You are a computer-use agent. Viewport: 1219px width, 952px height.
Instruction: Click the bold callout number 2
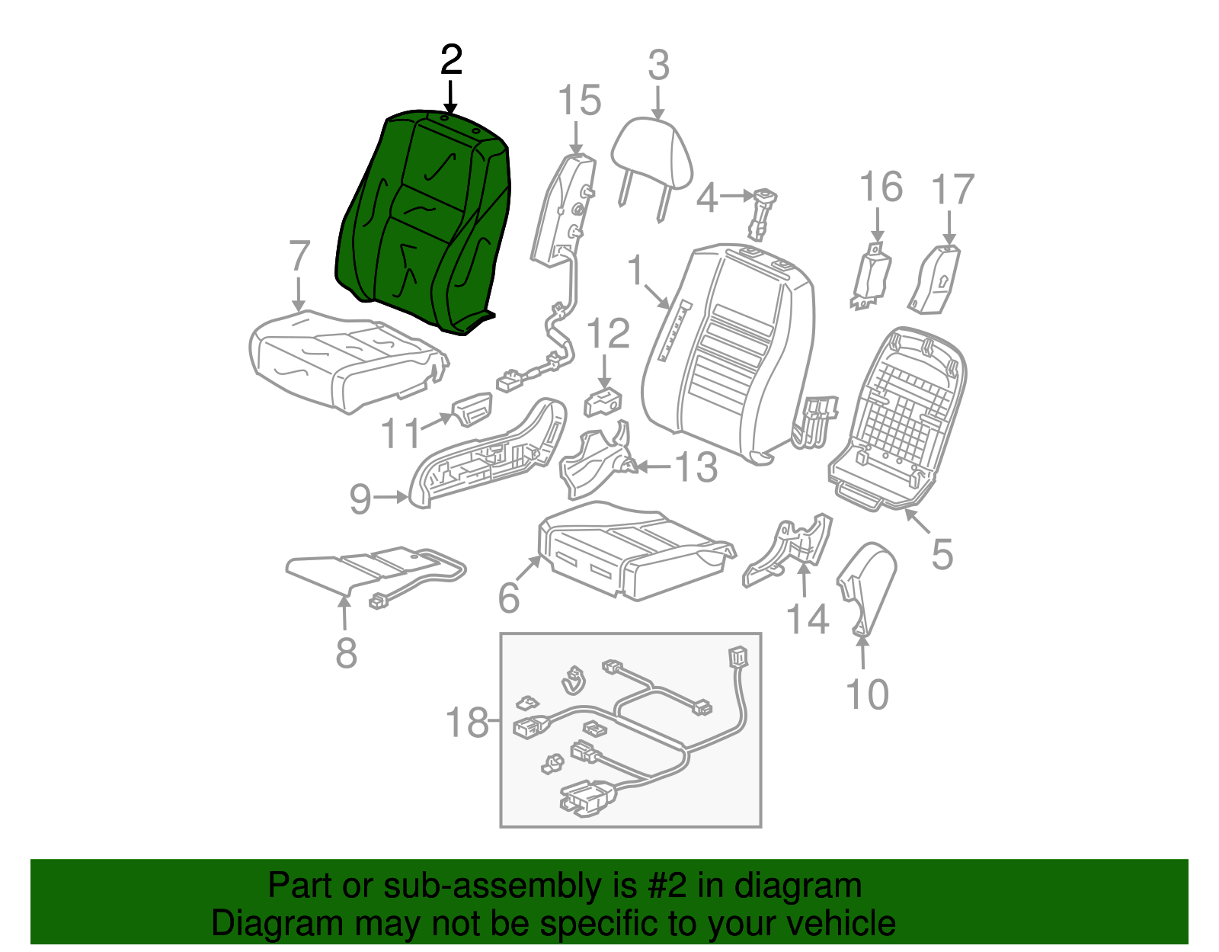[x=451, y=60]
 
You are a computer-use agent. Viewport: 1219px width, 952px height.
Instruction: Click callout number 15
[x=579, y=101]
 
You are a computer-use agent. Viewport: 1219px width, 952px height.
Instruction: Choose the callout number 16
[x=881, y=188]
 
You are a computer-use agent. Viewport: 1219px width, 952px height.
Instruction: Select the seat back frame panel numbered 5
[x=899, y=419]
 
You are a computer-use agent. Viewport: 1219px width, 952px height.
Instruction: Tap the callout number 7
[x=299, y=256]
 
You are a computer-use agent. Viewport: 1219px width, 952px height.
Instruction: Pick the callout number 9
[x=360, y=499]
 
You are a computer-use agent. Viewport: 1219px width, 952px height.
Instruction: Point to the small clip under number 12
[x=603, y=402]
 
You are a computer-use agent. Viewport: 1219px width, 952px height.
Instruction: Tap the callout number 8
[x=346, y=653]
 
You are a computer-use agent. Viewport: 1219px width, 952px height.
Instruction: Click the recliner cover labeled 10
[x=869, y=587]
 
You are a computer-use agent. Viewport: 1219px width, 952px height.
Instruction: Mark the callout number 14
[x=807, y=619]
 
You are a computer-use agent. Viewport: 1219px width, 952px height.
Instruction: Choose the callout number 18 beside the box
[x=467, y=722]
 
